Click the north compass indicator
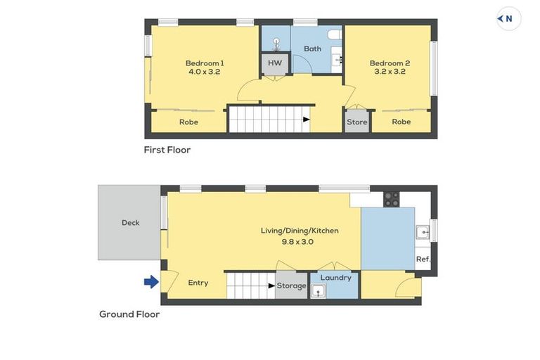[x=508, y=19]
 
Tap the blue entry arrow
[x=151, y=282]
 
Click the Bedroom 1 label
[x=205, y=63]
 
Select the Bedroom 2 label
[x=390, y=63]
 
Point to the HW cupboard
[x=275, y=63]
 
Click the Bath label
[x=312, y=49]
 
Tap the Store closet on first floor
[x=356, y=122]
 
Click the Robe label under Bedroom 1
[x=188, y=122]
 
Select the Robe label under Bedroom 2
[x=401, y=122]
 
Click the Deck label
[x=130, y=222]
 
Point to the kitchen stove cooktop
[x=391, y=199]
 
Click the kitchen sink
[x=422, y=231]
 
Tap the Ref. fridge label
[x=423, y=259]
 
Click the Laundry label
[x=335, y=277]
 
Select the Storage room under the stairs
[x=291, y=285]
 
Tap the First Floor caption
[x=167, y=150]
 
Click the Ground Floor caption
[x=129, y=314]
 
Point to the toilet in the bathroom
[x=335, y=34]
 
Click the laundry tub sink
[x=319, y=290]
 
